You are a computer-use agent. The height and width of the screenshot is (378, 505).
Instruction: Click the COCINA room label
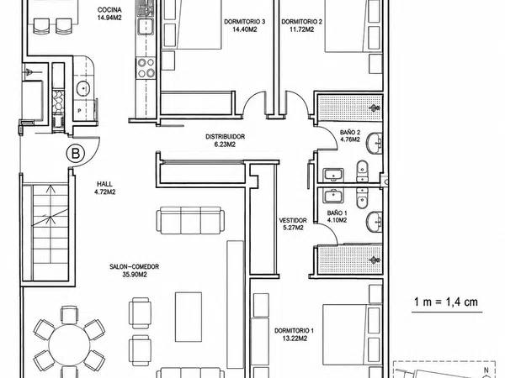click(x=109, y=10)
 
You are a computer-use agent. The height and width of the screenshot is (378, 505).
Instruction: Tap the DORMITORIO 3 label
click(x=244, y=22)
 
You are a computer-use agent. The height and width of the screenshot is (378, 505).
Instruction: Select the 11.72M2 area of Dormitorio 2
click(x=302, y=29)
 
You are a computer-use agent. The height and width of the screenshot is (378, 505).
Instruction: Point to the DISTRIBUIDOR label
click(x=225, y=137)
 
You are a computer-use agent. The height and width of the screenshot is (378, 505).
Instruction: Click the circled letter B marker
click(x=76, y=154)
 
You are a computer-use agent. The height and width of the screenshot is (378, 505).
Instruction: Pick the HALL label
click(x=104, y=184)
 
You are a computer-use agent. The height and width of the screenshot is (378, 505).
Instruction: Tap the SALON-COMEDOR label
click(x=135, y=267)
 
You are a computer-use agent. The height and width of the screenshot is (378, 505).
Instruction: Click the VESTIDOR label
click(x=293, y=220)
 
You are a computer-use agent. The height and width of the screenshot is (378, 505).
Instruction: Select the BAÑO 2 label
click(x=350, y=132)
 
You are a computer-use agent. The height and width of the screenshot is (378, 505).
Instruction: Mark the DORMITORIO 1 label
click(x=294, y=331)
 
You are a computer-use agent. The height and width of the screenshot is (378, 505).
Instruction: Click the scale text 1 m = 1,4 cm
click(x=446, y=302)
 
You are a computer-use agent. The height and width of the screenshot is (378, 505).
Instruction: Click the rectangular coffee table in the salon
click(x=189, y=317)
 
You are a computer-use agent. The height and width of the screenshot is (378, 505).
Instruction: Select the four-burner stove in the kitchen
click(x=146, y=67)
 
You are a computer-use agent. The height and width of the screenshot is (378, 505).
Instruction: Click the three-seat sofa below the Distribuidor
click(x=191, y=220)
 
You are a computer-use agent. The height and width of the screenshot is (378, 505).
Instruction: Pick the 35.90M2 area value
click(x=135, y=275)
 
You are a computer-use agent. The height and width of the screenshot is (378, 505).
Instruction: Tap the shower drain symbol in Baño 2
click(x=375, y=108)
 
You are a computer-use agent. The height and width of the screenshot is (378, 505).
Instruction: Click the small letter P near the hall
click(x=80, y=111)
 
